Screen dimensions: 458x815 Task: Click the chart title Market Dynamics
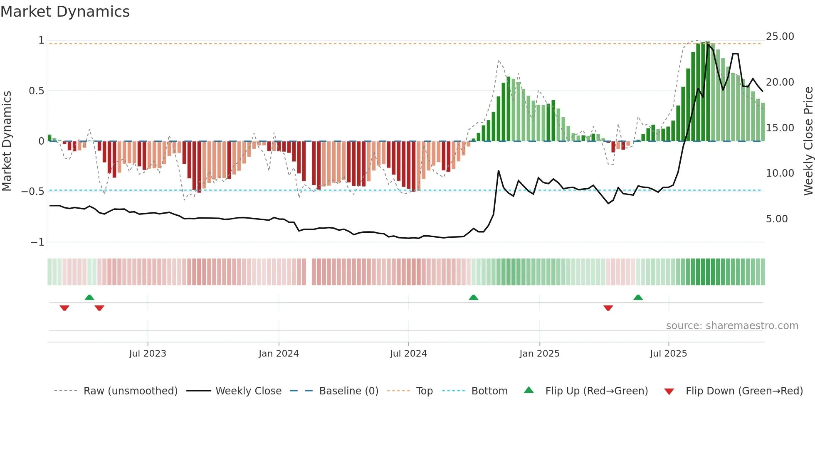65,12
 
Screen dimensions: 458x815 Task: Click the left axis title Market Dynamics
7,141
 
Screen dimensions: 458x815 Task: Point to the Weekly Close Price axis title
808,141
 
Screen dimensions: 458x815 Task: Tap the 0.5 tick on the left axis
37,91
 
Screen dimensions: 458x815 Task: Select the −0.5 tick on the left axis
33,192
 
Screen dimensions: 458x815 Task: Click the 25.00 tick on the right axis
780,37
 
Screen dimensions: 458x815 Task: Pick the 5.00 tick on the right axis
776,219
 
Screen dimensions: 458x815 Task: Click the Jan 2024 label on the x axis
279,354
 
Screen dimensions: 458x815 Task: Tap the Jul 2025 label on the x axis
668,354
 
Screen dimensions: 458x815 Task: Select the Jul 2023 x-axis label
148,354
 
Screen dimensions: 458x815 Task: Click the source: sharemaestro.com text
732,326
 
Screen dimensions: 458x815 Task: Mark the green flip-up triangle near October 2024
473,298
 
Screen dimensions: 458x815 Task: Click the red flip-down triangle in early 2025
608,308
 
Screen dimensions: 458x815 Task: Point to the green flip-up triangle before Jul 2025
638,298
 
